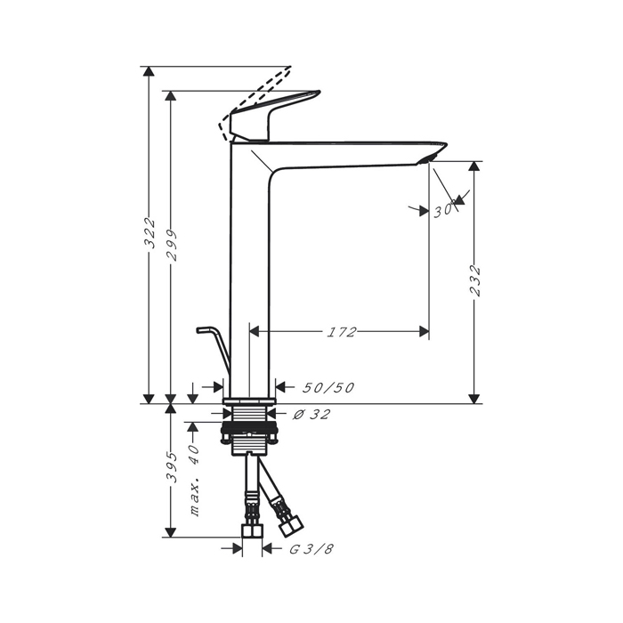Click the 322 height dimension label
(149, 233)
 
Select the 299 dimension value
(171, 245)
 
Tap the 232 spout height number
(474, 280)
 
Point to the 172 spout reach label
(341, 332)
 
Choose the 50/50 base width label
(328, 387)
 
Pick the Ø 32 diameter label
(311, 415)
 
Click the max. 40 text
(194, 481)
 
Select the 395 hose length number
(171, 467)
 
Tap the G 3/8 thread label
(311, 549)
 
